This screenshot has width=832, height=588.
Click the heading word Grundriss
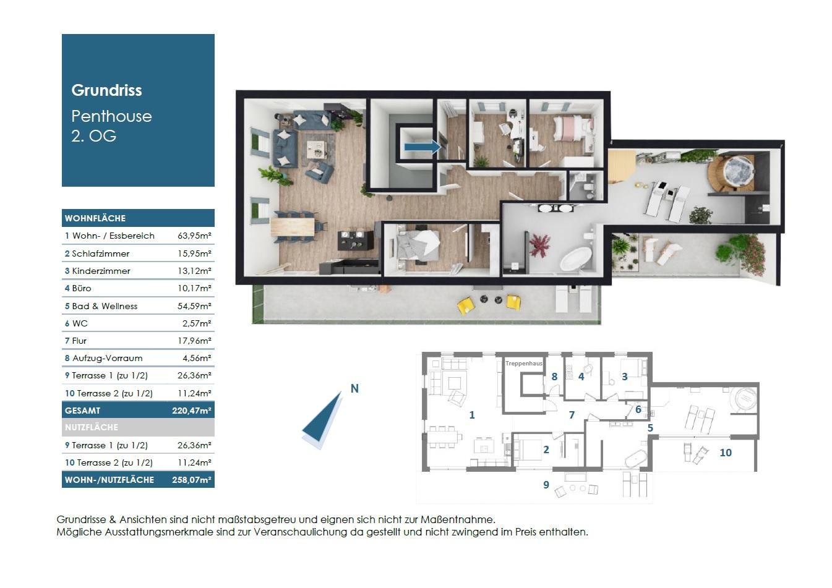tap(106, 90)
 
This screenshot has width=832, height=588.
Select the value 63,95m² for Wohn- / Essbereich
tap(194, 236)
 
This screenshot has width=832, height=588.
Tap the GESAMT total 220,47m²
tap(191, 411)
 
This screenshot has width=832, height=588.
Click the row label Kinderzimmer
tap(101, 271)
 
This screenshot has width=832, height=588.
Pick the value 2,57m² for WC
tap(197, 323)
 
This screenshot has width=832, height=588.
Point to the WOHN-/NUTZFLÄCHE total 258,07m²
tap(191, 480)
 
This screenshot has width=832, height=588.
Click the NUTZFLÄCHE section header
tap(92, 427)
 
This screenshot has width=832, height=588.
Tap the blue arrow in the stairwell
tap(422, 147)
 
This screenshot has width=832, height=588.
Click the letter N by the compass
tap(354, 389)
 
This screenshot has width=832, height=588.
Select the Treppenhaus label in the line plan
tap(524, 364)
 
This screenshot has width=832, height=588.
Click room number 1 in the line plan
tap(472, 415)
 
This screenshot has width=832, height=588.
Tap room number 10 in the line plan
tap(726, 453)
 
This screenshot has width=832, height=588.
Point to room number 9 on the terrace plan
tap(546, 484)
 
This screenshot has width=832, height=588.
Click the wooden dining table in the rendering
tap(293, 226)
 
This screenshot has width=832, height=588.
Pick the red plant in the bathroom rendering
tap(539, 245)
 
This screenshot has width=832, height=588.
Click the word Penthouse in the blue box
tap(111, 117)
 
